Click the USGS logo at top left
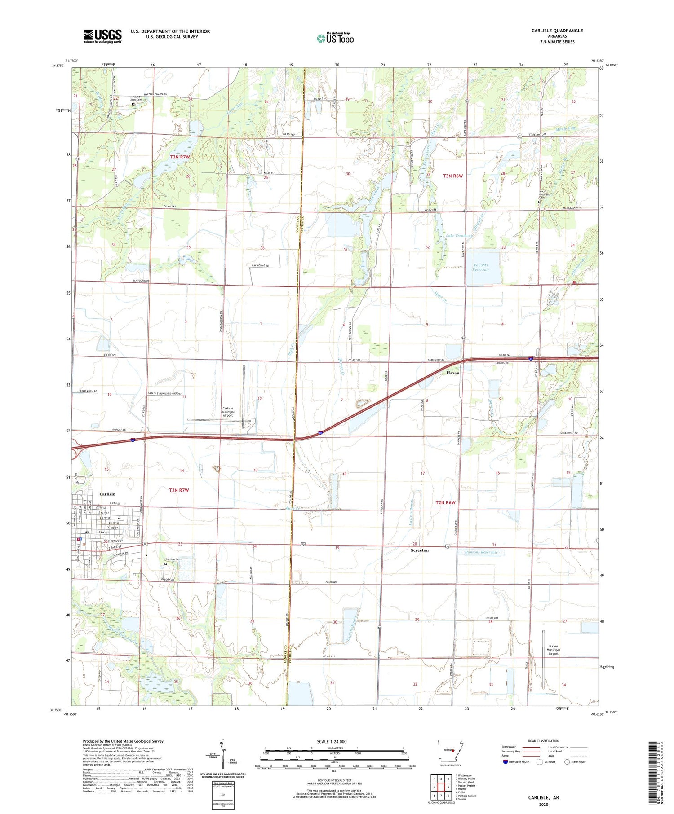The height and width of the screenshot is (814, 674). coord(102,36)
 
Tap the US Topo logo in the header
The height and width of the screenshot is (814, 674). coord(335,38)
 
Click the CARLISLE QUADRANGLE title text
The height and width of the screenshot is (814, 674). coord(557,31)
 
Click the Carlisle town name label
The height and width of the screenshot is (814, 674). coord(107,494)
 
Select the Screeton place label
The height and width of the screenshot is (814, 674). coord(420,550)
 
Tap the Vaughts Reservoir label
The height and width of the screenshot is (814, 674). coord(481,267)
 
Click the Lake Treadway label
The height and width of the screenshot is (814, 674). coord(459,236)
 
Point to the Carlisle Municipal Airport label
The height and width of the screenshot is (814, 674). coord(228,412)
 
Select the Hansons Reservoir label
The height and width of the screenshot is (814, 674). coord(481,552)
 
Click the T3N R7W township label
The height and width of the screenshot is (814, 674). coord(180,157)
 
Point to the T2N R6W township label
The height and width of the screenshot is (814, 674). coord(445,502)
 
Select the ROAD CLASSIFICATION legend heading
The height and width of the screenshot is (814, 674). coord(540,741)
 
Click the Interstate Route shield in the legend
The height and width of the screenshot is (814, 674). coord(505,761)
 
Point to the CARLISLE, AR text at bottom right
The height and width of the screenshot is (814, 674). coord(543,797)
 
